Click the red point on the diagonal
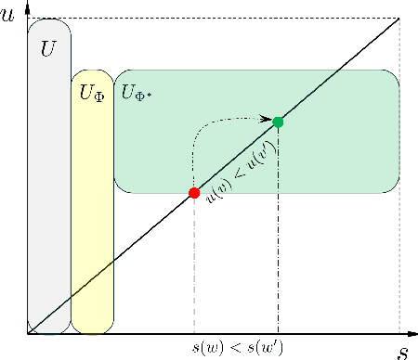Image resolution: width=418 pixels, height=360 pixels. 194,193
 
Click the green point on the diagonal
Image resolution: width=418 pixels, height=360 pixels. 278,122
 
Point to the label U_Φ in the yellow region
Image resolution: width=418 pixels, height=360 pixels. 92,93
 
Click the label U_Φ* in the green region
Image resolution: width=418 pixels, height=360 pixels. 137,93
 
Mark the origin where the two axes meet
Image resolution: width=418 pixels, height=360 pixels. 27,333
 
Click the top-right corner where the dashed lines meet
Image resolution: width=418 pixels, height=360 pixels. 399,19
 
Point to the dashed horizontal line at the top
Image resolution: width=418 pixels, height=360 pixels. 214,19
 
